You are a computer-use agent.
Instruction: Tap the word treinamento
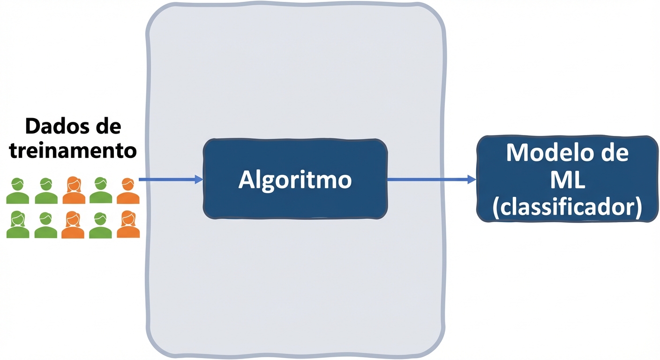(73, 150)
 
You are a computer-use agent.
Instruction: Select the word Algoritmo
(295, 180)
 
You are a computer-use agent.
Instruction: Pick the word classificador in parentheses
(567, 207)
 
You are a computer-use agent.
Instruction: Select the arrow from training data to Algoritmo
(169, 179)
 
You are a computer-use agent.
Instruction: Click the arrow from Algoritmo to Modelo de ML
(429, 179)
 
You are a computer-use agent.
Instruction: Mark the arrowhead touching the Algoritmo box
(199, 179)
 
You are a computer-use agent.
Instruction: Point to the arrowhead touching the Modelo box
(472, 179)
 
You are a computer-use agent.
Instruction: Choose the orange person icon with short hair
(128, 191)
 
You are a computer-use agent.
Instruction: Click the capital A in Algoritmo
(247, 180)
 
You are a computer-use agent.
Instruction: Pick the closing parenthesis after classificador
(637, 208)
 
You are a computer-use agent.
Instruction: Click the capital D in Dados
(33, 127)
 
